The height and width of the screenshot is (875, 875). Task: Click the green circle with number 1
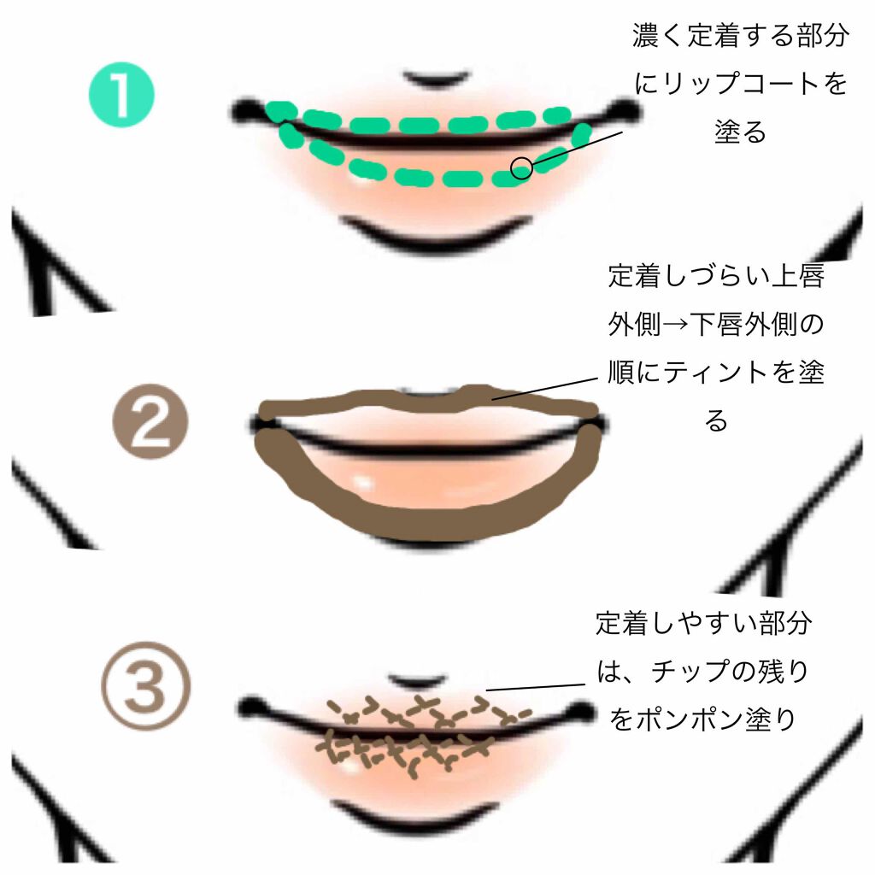coord(121,95)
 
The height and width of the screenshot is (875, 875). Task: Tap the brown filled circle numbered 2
coord(150,421)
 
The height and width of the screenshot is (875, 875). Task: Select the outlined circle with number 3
coord(146,686)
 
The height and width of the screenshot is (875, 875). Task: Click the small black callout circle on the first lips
coord(522,168)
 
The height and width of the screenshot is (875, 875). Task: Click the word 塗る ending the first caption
coord(741,132)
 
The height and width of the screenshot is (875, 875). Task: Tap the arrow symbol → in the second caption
coord(675,324)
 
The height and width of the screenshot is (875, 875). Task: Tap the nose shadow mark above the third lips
coord(417,682)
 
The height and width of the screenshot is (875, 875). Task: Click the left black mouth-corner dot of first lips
coord(246,111)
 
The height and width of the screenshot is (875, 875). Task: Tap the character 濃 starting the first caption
coord(646,36)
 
